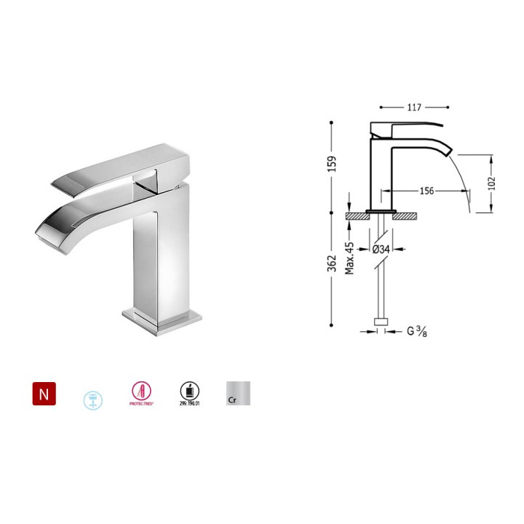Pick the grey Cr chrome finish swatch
point(238,394)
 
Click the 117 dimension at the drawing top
point(413,108)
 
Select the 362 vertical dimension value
point(331,266)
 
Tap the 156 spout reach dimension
point(426,191)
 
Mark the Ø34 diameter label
point(381,249)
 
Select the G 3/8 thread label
point(417,333)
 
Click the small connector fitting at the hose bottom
point(379,322)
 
